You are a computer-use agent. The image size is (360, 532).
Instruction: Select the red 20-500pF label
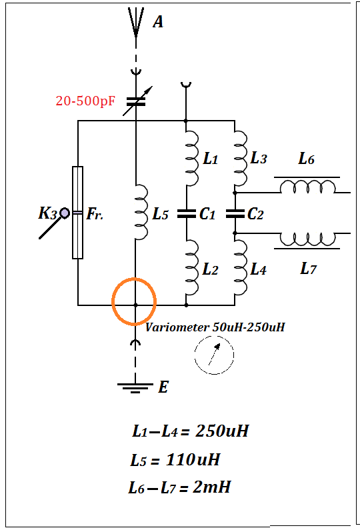(85, 101)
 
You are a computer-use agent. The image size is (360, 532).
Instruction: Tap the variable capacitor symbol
(137, 101)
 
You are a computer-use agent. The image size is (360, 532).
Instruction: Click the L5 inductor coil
(142, 212)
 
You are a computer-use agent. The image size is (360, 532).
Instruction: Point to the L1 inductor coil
(193, 159)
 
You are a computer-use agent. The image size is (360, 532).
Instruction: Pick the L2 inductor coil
(193, 267)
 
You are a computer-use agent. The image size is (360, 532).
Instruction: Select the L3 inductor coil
(241, 159)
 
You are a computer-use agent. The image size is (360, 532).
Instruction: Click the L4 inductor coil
(241, 267)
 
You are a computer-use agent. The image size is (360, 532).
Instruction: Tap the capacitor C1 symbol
(186, 213)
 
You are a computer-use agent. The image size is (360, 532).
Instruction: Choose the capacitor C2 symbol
(235, 213)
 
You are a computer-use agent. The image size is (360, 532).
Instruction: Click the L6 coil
(307, 185)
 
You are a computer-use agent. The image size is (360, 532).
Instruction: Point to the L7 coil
(307, 241)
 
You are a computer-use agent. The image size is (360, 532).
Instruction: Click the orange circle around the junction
(134, 278)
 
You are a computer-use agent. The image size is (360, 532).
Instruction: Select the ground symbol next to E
(135, 388)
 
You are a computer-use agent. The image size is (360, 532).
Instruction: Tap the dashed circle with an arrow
(214, 355)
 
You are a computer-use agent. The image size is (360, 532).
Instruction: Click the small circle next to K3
(65, 213)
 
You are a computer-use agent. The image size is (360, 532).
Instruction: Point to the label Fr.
(95, 214)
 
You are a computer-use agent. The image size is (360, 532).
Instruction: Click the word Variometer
(177, 327)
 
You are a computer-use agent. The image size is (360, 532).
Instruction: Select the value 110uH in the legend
(193, 460)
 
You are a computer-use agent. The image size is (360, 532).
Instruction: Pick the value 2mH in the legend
(212, 487)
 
